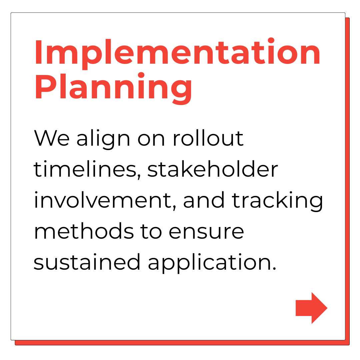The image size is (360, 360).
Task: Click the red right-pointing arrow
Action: pyautogui.click(x=311, y=308)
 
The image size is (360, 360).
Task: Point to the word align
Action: pyautogui.click(x=103, y=139)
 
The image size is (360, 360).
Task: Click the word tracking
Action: pyautogui.click(x=277, y=201)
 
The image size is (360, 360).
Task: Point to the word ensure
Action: pyautogui.click(x=206, y=232)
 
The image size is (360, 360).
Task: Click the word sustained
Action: pyautogui.click(x=87, y=262)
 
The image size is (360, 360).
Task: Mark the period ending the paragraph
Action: pyautogui.click(x=274, y=268)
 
